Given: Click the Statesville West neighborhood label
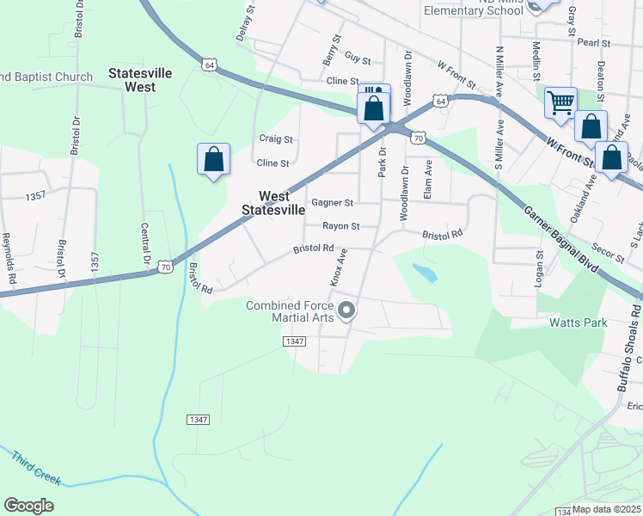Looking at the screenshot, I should coord(132,81).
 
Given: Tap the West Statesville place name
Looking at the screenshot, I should coord(273,203).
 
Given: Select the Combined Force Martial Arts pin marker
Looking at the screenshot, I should coord(346,310).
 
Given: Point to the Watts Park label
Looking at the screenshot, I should coord(579,323).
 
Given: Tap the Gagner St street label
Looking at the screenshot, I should coord(333,203).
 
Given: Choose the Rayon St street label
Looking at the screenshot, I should coord(340,226).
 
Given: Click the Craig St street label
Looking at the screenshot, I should coord(276,138).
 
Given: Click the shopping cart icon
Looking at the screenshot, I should coord(560,102).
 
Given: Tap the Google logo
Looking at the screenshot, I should coord(28,506).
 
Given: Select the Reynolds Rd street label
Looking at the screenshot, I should coord(9,258).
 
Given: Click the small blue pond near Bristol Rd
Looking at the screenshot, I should coord(423,273).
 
